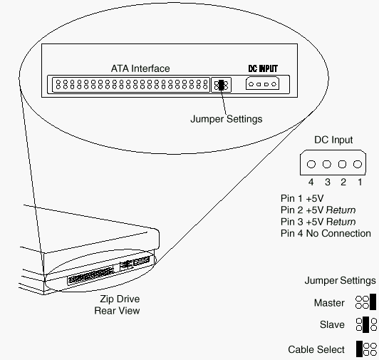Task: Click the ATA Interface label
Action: pos(140,68)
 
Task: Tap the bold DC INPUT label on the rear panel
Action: pos(263,68)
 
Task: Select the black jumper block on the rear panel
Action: pos(221,85)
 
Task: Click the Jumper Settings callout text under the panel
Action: pos(227,119)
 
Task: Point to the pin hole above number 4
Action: pos(311,164)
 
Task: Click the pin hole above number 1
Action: pos(358,164)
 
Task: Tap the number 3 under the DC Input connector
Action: pos(328,182)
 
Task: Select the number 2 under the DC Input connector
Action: pos(343,182)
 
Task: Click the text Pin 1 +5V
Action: pos(302,198)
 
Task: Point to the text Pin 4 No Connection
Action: pos(326,234)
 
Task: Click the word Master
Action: pos(329,303)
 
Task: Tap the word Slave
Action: pos(332,324)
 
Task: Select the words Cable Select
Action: pos(316,349)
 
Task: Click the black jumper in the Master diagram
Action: pos(373,302)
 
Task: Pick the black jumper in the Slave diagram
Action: pos(366,324)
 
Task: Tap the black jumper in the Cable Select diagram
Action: pos(360,349)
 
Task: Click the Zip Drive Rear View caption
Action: pos(118,304)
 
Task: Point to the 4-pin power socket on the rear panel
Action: pos(262,83)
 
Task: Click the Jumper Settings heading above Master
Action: pos(340,281)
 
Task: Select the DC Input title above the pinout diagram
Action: pos(333,140)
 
